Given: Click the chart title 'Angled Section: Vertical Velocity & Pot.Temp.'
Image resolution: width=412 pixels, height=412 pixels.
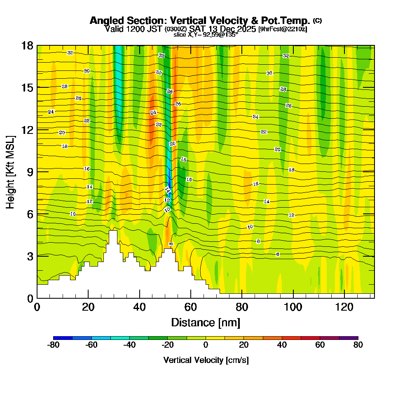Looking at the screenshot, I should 199,21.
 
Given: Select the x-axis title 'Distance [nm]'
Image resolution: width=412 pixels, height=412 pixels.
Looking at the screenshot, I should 206,322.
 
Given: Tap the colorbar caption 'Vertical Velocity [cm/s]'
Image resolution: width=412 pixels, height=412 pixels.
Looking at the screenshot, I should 206,360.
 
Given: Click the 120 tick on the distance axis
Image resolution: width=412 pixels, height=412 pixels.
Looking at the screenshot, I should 344,307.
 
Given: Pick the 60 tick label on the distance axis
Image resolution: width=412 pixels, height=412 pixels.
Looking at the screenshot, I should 191,307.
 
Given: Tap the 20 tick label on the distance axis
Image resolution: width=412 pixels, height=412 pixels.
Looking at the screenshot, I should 88,307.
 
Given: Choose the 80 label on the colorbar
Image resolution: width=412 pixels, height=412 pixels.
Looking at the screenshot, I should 358,345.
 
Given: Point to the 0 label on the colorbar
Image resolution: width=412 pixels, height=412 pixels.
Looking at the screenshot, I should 206,345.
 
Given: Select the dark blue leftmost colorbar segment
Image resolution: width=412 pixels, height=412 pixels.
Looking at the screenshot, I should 63,338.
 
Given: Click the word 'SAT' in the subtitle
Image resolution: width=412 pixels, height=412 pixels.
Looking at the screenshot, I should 198,29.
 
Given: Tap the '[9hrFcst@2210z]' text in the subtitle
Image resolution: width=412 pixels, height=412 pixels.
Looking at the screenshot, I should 283,29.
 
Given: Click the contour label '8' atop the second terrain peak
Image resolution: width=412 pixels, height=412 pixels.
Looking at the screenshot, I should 171,244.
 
